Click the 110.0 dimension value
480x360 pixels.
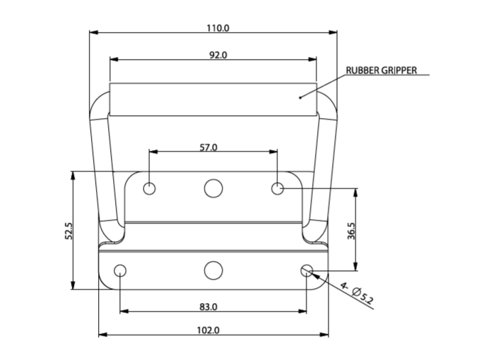[218, 28]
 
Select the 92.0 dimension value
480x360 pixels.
[218, 55]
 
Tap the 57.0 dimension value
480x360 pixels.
[208, 148]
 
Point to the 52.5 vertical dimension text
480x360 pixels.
[69, 231]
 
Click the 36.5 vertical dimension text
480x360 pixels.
[352, 231]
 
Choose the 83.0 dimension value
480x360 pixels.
[208, 307]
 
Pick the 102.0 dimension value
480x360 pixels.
[208, 330]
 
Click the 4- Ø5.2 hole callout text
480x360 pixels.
[357, 294]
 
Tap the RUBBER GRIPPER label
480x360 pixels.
[381, 70]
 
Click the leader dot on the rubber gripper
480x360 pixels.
[300, 97]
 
